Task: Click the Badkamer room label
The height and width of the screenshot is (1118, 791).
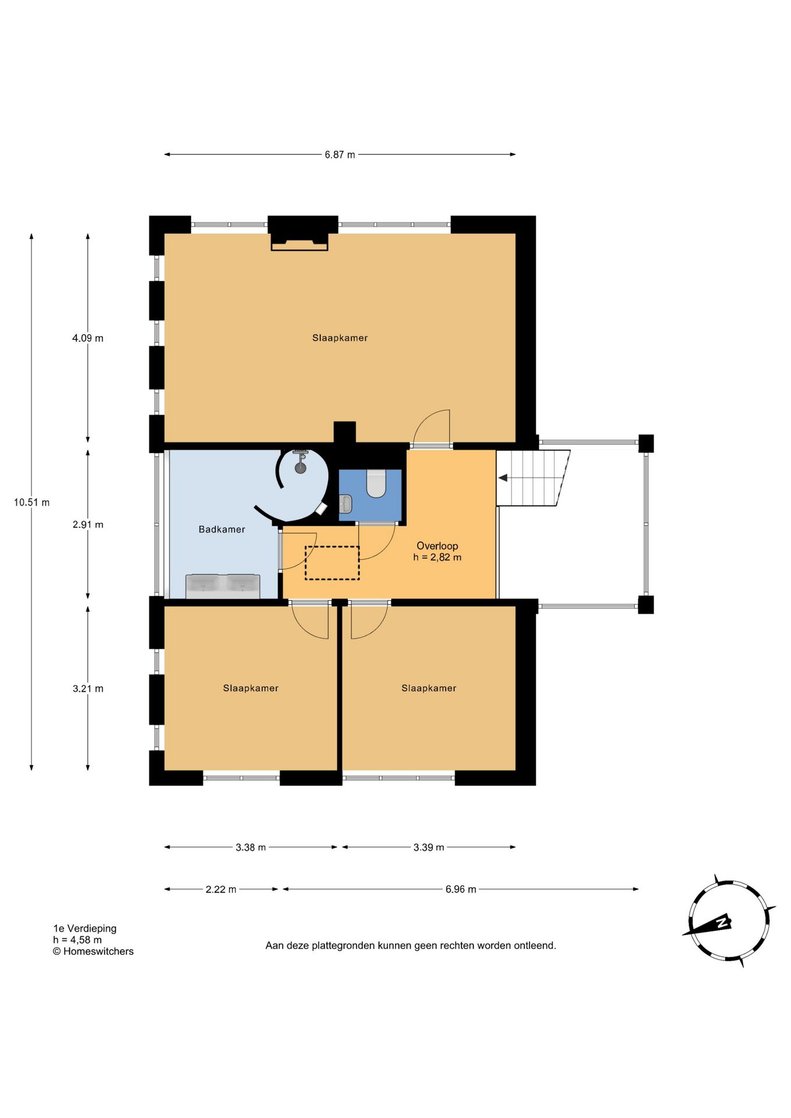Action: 221,529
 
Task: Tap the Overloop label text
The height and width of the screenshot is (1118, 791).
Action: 437,546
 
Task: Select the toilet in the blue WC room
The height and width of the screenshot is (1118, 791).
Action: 376,483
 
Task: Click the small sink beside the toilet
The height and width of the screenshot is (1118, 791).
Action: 345,504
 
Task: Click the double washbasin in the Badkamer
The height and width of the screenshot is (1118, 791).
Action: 223,586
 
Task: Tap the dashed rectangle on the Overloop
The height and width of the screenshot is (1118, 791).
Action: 332,563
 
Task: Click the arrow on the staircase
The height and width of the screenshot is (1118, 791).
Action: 503,477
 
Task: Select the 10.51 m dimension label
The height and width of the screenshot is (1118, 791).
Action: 31,503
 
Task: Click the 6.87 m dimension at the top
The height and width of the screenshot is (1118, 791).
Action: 340,155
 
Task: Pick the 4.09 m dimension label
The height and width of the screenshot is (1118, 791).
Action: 88,338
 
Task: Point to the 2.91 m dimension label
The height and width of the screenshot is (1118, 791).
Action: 88,525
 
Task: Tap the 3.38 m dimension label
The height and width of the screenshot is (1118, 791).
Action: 250,847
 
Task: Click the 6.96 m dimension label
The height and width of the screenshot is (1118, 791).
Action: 461,889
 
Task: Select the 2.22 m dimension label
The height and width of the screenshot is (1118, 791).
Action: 221,889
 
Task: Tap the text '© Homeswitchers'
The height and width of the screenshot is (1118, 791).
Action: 93,951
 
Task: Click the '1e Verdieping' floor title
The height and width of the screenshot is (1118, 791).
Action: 84,928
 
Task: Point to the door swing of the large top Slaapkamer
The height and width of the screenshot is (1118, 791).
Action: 432,427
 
